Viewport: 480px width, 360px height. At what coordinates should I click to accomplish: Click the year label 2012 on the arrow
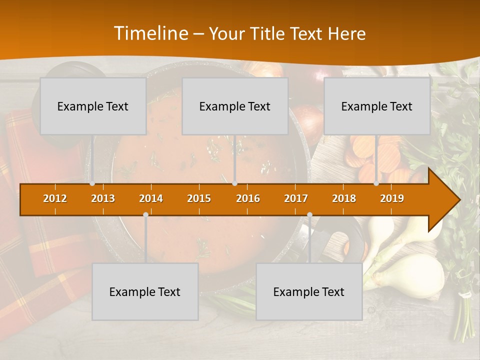(55, 198)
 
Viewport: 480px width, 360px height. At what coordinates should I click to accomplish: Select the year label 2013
(103, 198)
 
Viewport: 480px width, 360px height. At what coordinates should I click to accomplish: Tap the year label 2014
(151, 198)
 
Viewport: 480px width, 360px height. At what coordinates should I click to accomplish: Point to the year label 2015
(199, 198)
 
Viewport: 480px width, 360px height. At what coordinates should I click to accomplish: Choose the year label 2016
(248, 198)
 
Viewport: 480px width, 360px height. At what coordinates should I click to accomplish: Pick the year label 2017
(296, 198)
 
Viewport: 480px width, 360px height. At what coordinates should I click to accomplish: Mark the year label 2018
(344, 198)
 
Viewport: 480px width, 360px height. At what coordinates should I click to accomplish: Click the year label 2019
(392, 198)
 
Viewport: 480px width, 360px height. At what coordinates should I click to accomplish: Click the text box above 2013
(93, 106)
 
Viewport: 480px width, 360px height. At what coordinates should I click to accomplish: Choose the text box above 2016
(235, 106)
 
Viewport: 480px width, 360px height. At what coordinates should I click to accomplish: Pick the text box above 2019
(377, 106)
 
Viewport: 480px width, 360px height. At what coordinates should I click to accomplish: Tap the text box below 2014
(145, 292)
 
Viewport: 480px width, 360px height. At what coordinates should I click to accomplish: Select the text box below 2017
(309, 292)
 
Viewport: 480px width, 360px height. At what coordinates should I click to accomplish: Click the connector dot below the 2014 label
(145, 215)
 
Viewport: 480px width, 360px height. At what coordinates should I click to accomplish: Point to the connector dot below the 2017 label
(309, 215)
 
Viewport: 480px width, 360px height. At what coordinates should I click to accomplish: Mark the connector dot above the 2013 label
(92, 183)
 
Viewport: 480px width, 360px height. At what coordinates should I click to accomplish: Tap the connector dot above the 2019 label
(376, 183)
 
